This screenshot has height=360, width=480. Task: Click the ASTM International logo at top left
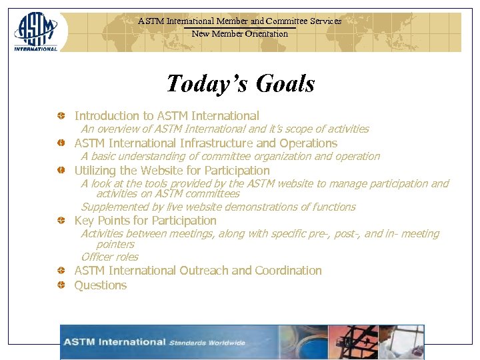point(35,31)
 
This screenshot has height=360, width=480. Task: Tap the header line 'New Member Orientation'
point(240,33)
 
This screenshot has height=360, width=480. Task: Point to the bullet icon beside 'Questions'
point(61,285)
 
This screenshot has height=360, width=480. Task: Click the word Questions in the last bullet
point(101,285)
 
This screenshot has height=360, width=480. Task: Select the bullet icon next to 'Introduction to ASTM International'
point(61,116)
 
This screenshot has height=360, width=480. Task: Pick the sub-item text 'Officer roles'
point(110,257)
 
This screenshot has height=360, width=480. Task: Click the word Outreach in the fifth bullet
point(204,271)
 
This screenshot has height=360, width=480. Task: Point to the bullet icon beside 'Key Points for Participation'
point(61,221)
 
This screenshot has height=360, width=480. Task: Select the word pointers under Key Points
point(115,244)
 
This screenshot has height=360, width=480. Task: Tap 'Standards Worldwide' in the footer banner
point(207,343)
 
